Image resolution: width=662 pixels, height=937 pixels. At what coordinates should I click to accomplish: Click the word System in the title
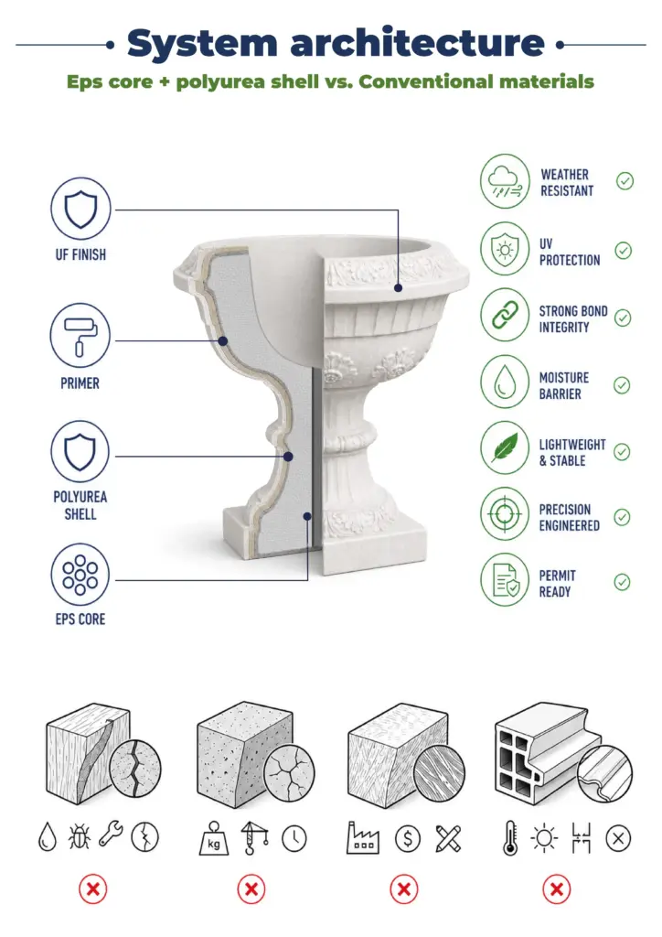tap(202, 44)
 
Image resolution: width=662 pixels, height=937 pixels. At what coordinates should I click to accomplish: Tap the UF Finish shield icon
tap(80, 209)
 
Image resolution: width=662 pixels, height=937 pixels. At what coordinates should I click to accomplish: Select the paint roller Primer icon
tap(80, 336)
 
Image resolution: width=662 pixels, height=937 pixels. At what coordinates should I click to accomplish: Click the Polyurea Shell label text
tap(80, 505)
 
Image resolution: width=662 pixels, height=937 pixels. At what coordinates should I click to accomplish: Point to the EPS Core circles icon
tap(80, 575)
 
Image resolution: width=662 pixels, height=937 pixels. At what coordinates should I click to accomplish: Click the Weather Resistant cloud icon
tap(505, 181)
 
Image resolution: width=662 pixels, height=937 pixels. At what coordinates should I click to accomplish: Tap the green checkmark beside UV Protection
tap(624, 251)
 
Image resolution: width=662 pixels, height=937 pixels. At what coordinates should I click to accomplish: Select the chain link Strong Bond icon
tap(505, 315)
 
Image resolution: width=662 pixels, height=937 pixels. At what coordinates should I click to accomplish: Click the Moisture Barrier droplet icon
tap(505, 382)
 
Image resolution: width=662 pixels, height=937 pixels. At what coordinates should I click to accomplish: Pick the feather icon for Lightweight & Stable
tap(505, 447)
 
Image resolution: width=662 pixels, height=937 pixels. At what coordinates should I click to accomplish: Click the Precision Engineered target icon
tap(505, 514)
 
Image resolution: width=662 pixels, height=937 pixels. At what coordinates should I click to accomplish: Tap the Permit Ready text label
tap(557, 583)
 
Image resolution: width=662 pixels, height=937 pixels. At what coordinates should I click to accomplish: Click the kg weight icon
tap(214, 838)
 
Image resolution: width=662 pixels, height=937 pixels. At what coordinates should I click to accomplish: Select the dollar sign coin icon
tap(408, 838)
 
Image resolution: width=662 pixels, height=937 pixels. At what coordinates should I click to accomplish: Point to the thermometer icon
tap(510, 838)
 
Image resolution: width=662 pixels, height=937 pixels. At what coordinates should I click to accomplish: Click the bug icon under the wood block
tap(79, 836)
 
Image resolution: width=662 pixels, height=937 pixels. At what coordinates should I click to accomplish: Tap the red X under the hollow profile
tap(557, 889)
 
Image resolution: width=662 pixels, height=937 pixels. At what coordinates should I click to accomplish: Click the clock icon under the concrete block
tap(294, 838)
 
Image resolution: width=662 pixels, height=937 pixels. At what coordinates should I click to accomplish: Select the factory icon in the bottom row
tap(363, 837)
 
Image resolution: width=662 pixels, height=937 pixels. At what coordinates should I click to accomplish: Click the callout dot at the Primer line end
tap(223, 341)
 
